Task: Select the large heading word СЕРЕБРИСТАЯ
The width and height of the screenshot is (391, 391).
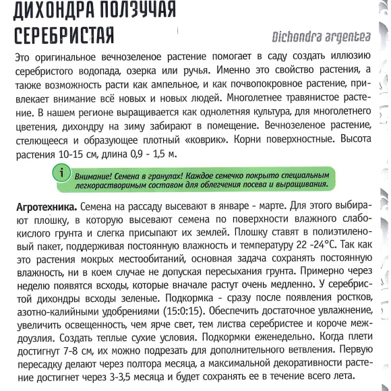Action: (59, 34)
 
